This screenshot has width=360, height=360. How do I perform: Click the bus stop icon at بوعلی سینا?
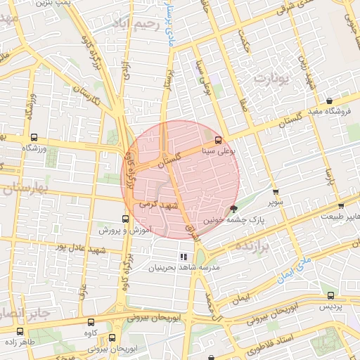click(x=218, y=139)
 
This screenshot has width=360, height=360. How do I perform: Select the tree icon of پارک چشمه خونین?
click(x=233, y=208)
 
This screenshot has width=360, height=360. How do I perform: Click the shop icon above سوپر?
click(x=275, y=191)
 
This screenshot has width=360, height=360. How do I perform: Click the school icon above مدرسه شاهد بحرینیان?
click(x=184, y=257)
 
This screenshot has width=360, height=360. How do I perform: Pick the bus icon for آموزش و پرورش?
click(x=126, y=219)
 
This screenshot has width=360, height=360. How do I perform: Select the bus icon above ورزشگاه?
click(x=34, y=138)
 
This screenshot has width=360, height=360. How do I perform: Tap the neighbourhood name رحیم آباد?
click(x=131, y=25)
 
